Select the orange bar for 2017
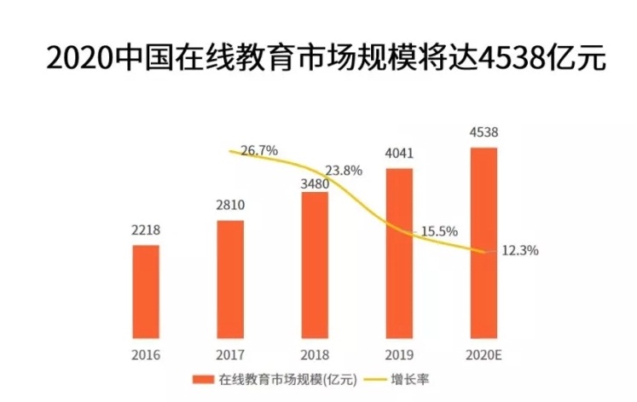(230, 278)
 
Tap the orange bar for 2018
(315, 265)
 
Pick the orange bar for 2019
(399, 252)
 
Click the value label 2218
(146, 230)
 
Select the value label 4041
(399, 154)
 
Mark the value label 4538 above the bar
(484, 133)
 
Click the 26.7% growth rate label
(259, 150)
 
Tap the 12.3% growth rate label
(519, 250)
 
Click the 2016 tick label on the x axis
(146, 353)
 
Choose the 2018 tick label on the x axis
(315, 353)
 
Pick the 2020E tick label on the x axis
(484, 353)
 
